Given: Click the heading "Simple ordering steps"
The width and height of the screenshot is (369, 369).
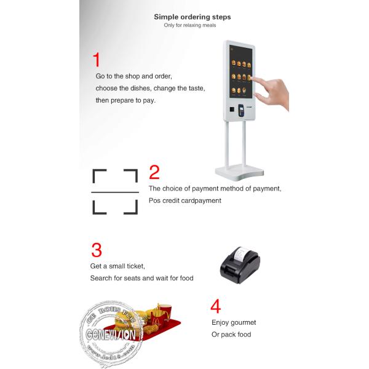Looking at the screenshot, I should [192, 17].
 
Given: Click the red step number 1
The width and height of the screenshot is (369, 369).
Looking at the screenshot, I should [96, 60].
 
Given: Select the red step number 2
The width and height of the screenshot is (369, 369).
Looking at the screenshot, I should [154, 172].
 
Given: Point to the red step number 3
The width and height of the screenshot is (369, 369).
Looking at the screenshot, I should [97, 250].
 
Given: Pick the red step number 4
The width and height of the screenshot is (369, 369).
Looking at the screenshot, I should [215, 306].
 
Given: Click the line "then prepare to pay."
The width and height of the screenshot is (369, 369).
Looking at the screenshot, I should [125, 100].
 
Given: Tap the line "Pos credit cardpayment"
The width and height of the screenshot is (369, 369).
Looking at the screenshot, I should [184, 200].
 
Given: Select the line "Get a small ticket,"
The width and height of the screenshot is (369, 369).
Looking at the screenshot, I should [117, 266].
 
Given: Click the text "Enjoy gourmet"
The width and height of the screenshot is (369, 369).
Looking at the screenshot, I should [234, 322].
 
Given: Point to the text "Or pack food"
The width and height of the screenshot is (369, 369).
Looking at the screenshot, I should [231, 335].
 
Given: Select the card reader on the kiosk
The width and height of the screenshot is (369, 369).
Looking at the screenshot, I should [242, 111].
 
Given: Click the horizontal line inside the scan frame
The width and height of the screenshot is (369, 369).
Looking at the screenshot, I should [114, 192].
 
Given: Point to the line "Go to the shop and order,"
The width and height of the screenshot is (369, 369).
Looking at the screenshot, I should [133, 76].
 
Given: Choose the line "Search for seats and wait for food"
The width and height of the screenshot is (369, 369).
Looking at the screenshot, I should [141, 278].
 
